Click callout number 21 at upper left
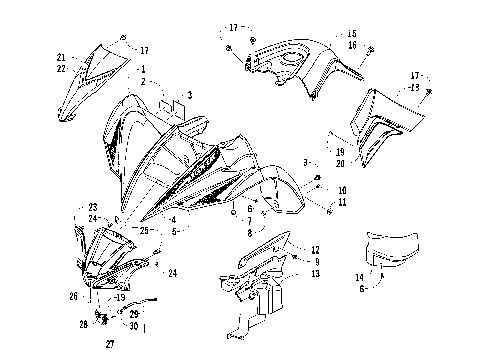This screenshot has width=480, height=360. coord(62,57)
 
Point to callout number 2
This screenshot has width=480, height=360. coord(144,80)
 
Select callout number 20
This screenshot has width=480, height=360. coord(340,163)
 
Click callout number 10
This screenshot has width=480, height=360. coord(342,189)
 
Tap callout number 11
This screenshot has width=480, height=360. coord(342,202)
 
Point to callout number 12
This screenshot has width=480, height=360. coord(315,249)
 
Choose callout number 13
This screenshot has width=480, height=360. coord(315,273)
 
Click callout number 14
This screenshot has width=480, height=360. coord(360,276)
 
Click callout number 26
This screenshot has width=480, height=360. coord(73,296)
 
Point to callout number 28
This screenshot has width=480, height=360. coord(84,324)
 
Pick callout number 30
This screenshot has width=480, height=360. coord(134,324)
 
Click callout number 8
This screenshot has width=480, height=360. coord(249,232)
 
